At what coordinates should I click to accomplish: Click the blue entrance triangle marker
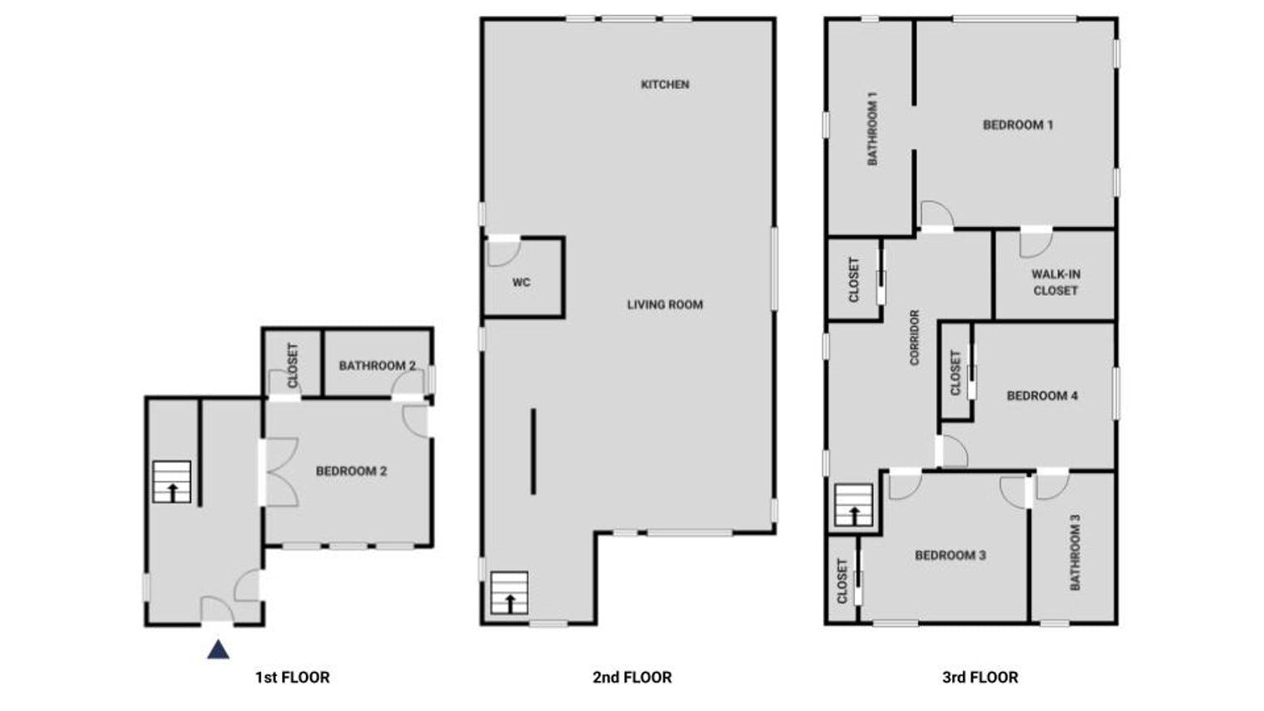pyautogui.click(x=218, y=649)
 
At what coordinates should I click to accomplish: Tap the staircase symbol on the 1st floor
pyautogui.click(x=171, y=482)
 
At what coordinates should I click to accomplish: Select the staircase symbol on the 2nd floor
pyautogui.click(x=509, y=593)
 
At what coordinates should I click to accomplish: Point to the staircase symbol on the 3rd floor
pyautogui.click(x=854, y=506)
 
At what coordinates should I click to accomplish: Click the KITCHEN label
pyautogui.click(x=664, y=85)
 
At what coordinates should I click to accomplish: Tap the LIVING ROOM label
pyautogui.click(x=664, y=304)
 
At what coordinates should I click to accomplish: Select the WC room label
pyautogui.click(x=521, y=282)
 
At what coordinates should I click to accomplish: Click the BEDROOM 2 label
pyautogui.click(x=351, y=472)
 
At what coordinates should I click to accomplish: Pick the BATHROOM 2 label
pyautogui.click(x=377, y=366)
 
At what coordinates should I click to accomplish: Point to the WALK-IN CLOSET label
pyautogui.click(x=1055, y=283)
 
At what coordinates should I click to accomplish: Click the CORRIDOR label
pyautogui.click(x=915, y=338)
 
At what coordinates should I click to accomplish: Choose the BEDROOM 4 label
pyautogui.click(x=1042, y=396)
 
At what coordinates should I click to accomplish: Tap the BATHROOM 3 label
pyautogui.click(x=1075, y=552)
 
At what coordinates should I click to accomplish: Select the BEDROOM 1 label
pyautogui.click(x=1018, y=125)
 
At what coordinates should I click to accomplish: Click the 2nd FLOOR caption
pyautogui.click(x=632, y=677)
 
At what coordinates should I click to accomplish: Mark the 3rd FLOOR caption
pyautogui.click(x=980, y=677)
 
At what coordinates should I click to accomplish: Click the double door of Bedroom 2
pyautogui.click(x=280, y=472)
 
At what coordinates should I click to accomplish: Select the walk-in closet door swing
pyautogui.click(x=1035, y=243)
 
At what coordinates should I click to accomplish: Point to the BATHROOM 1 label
pyautogui.click(x=872, y=129)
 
